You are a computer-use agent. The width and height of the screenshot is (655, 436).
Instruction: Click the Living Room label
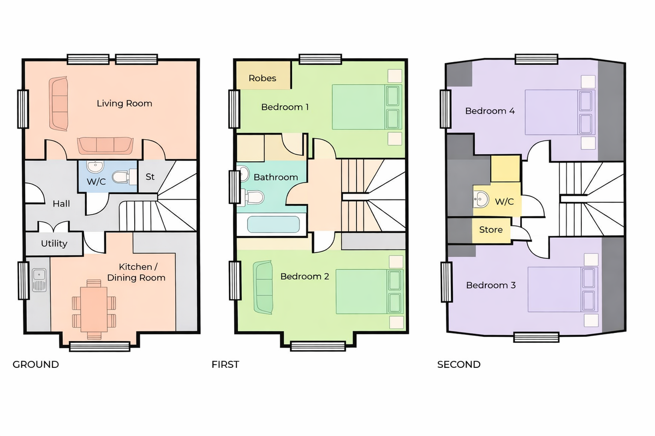pos(124,104)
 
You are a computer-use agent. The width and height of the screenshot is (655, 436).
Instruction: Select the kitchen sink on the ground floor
pos(39,281)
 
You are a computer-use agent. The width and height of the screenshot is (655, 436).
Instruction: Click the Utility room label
pos(54,243)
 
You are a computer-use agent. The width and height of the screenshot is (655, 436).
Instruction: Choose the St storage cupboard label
pos(150,177)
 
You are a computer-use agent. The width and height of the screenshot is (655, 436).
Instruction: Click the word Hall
pos(61,203)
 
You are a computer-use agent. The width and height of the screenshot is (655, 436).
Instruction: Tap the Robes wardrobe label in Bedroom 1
pos(263,78)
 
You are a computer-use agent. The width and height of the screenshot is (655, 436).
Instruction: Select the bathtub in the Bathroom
pos(273,225)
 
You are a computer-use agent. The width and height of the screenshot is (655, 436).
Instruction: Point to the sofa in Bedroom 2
pos(263,287)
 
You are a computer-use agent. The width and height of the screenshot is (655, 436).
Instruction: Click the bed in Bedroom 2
pos(370,292)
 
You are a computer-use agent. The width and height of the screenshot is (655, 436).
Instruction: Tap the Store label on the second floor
pos(491,230)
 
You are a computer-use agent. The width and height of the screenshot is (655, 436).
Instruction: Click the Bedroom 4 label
pos(490,111)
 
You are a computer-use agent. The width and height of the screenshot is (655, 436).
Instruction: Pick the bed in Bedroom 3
pos(563,289)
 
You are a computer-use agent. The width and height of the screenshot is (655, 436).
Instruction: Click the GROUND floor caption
pos(35,365)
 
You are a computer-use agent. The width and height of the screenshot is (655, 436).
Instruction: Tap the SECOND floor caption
pos(459,365)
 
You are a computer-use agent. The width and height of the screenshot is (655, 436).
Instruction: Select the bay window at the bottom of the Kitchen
pos(100,346)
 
